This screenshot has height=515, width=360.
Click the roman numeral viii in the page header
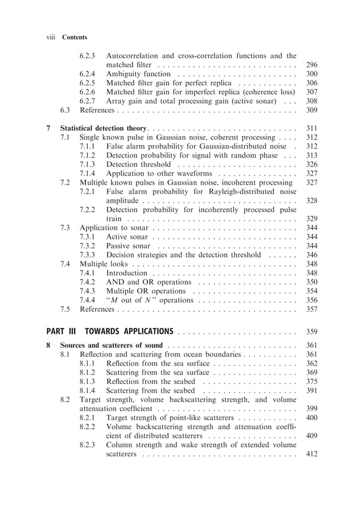pyautogui.click(x=50, y=37)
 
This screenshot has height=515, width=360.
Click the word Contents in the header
pyautogui.click(x=74, y=37)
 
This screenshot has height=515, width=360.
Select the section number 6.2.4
pyautogui.click(x=87, y=73)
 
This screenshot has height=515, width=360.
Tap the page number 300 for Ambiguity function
pyautogui.click(x=311, y=73)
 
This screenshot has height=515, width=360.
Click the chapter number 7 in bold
pyautogui.click(x=49, y=129)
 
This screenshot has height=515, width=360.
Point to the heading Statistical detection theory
pyautogui.click(x=103, y=129)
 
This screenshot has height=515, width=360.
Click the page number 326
pyautogui.click(x=311, y=164)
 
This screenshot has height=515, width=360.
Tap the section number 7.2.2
pyautogui.click(x=87, y=210)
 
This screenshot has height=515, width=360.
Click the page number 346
pyautogui.click(x=311, y=255)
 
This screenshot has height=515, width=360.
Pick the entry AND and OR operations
pyautogui.click(x=149, y=282)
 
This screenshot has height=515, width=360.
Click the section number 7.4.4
pyautogui.click(x=87, y=300)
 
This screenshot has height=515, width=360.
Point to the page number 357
pyautogui.click(x=311, y=309)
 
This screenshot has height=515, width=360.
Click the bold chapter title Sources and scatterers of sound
pyautogui.click(x=111, y=345)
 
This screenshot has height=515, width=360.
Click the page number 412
pyautogui.click(x=311, y=455)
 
